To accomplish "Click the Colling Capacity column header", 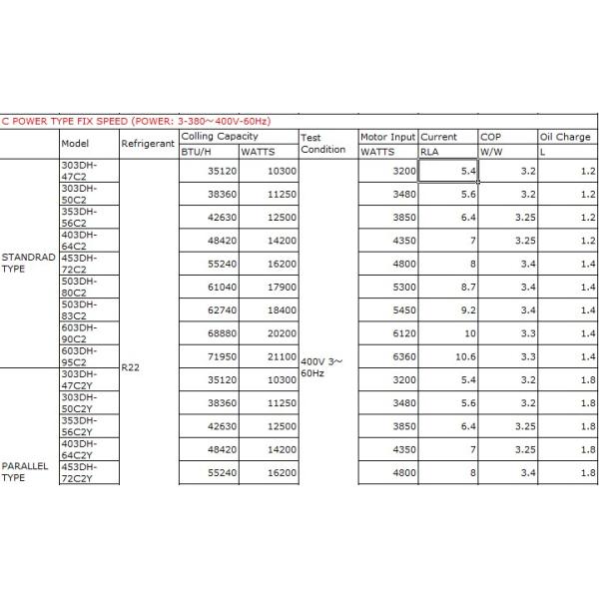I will (220, 136).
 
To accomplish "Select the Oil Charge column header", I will (565, 136).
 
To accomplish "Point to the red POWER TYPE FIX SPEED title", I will (150, 121).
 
